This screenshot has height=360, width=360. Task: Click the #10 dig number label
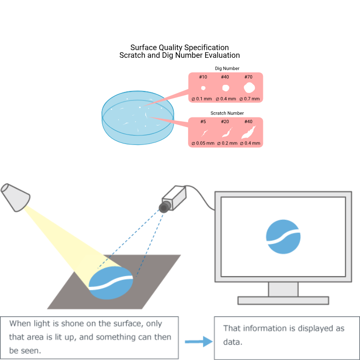point(203,77)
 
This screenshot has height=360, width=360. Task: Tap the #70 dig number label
point(249,77)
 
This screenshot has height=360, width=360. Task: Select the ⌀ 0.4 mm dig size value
point(225,99)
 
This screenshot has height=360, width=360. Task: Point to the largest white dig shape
point(249,88)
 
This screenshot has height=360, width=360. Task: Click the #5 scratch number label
point(203,121)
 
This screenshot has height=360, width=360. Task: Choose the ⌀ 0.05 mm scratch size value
point(203,143)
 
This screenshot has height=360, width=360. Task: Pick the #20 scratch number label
point(225,121)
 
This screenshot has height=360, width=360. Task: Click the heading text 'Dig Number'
point(227,69)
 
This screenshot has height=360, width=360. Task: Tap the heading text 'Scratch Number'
point(227,113)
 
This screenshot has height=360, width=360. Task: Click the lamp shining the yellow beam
point(15,197)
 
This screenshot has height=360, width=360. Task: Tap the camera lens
point(164,207)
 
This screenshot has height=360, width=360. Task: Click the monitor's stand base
point(283,300)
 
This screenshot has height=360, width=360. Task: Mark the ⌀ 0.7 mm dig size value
point(250,99)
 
